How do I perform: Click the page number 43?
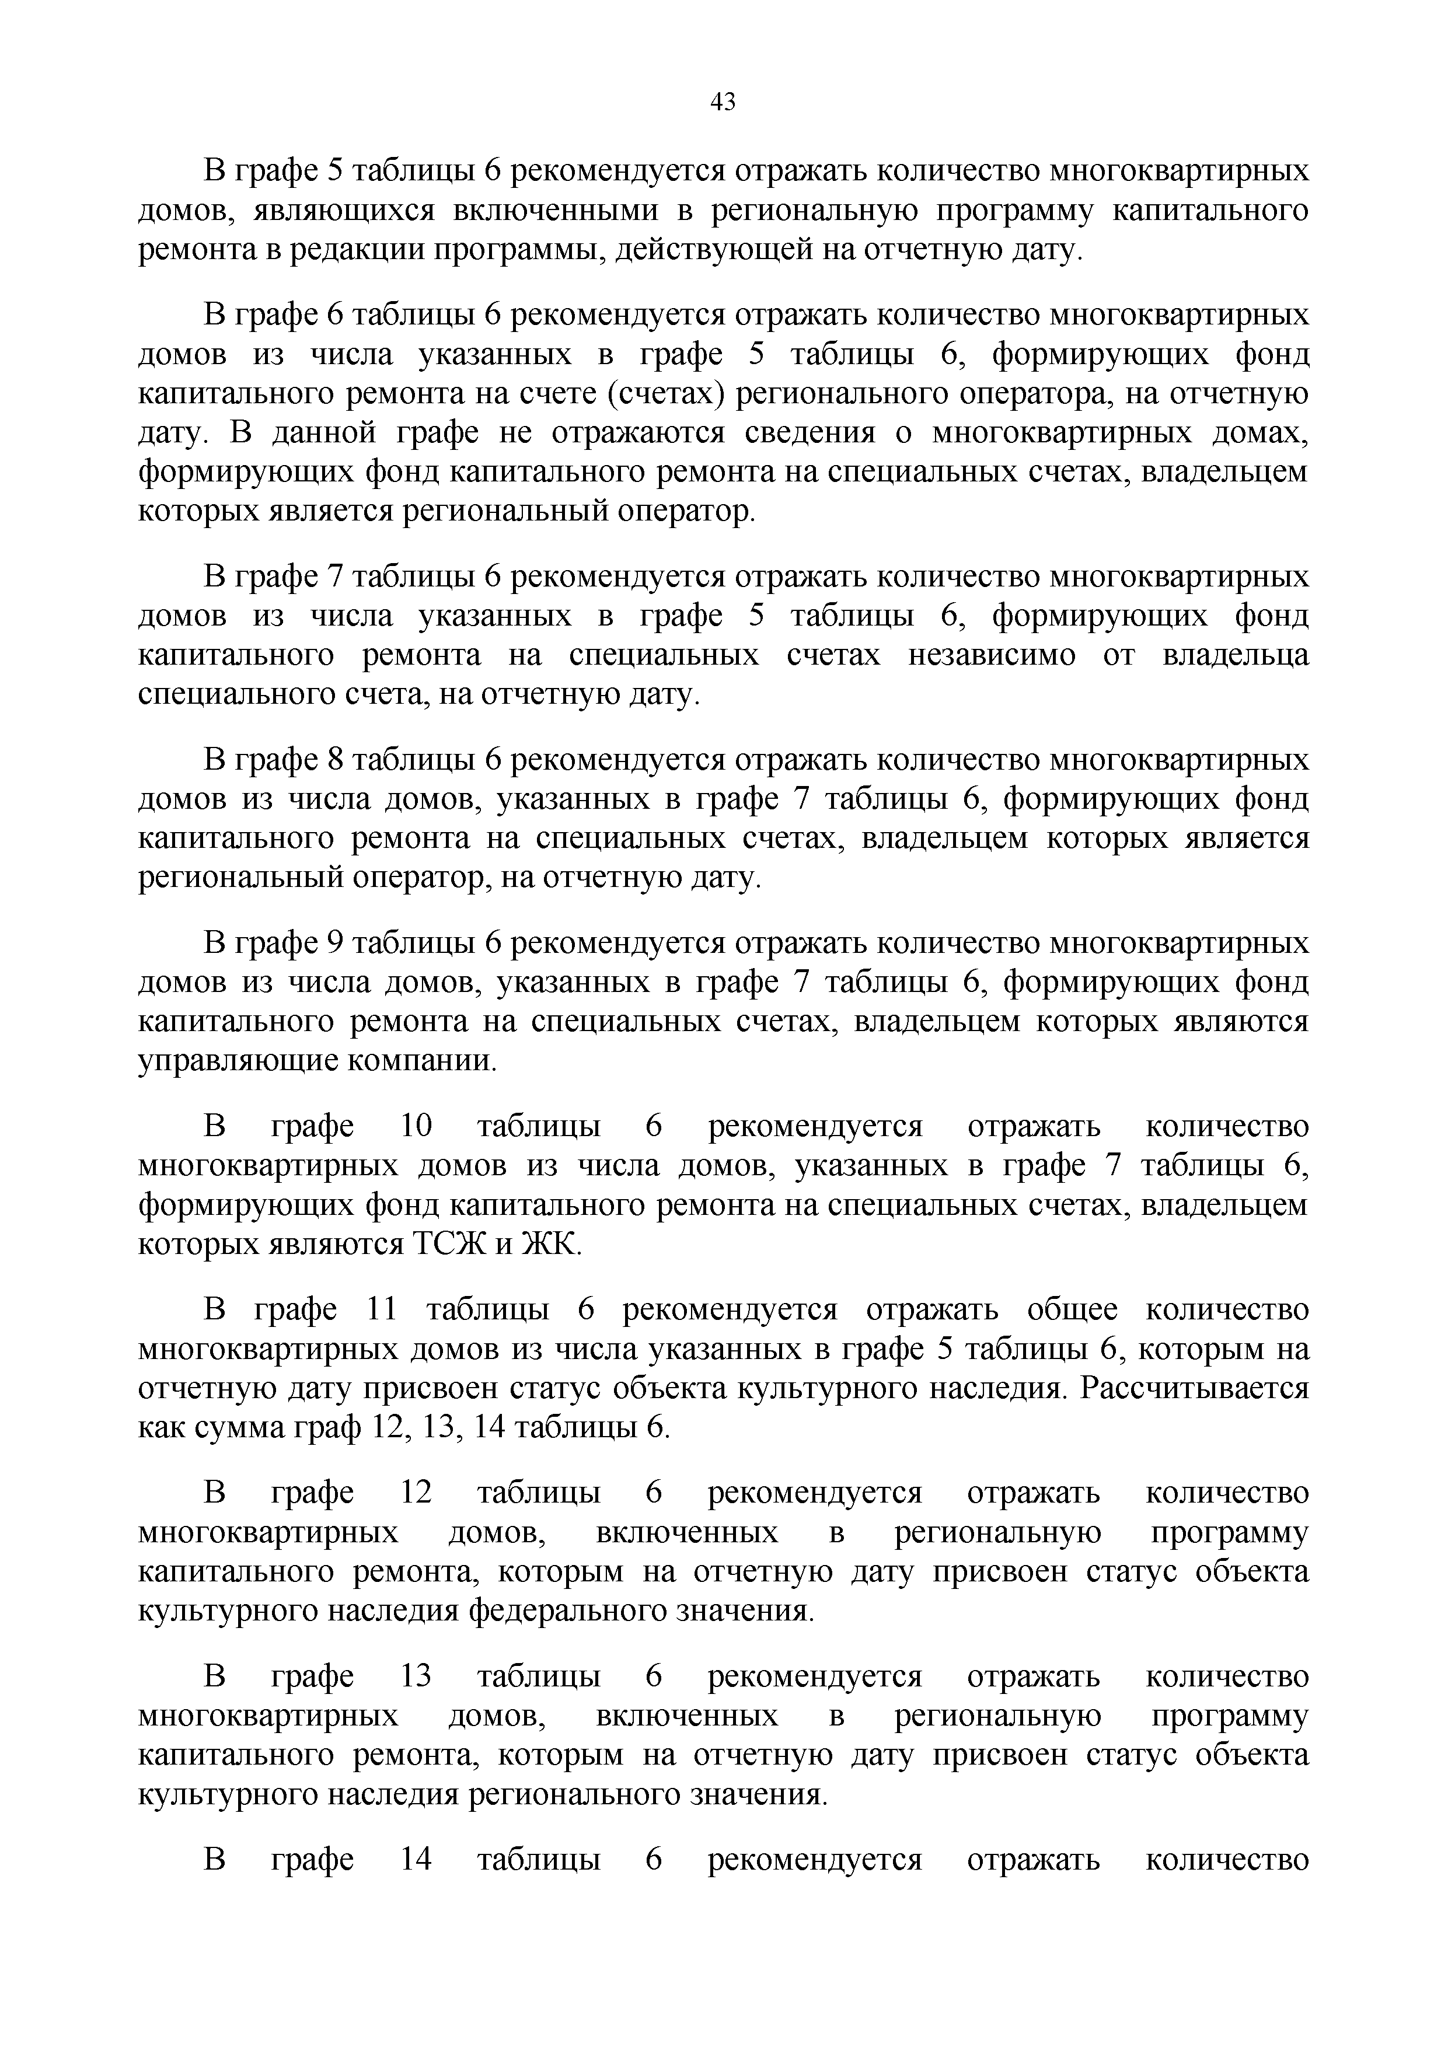[723, 103]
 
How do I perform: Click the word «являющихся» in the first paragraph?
[341, 211]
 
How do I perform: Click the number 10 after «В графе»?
[416, 1126]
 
